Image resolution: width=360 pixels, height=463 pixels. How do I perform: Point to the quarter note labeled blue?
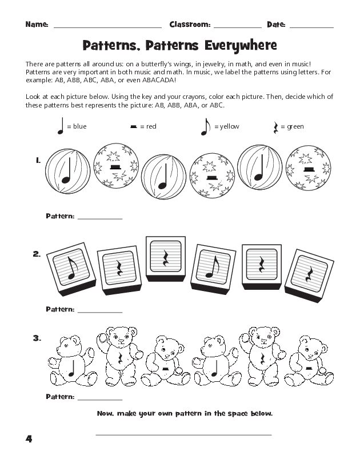(x=60, y=126)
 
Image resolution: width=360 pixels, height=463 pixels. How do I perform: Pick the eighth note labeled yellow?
(x=205, y=126)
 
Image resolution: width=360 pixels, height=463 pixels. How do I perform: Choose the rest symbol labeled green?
(x=276, y=127)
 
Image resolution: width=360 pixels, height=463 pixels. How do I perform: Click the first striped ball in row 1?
(x=67, y=170)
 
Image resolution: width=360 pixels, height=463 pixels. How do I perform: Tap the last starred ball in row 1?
(x=309, y=168)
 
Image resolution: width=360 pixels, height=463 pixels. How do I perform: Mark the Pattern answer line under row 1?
(x=100, y=218)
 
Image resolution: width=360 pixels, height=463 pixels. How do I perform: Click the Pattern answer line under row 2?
(x=100, y=312)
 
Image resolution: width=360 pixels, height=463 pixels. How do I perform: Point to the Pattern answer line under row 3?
(x=100, y=399)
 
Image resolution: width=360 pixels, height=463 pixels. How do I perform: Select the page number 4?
(x=29, y=439)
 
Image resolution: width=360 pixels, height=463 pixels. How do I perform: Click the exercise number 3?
(x=37, y=338)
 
